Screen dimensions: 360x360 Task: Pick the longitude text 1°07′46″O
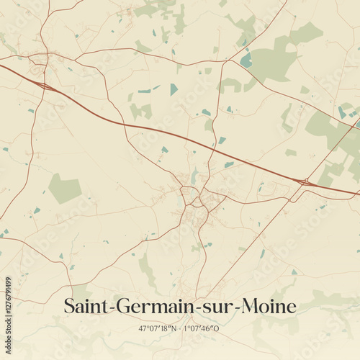[202, 328]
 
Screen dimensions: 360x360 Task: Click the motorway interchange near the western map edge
[46, 86]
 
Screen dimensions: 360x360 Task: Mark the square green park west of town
[65, 189]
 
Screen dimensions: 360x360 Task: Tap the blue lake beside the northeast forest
[246, 60]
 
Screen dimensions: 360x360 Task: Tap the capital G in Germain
[117, 306]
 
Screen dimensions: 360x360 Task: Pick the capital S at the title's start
[70, 306]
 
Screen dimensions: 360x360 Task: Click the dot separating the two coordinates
[180, 328]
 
